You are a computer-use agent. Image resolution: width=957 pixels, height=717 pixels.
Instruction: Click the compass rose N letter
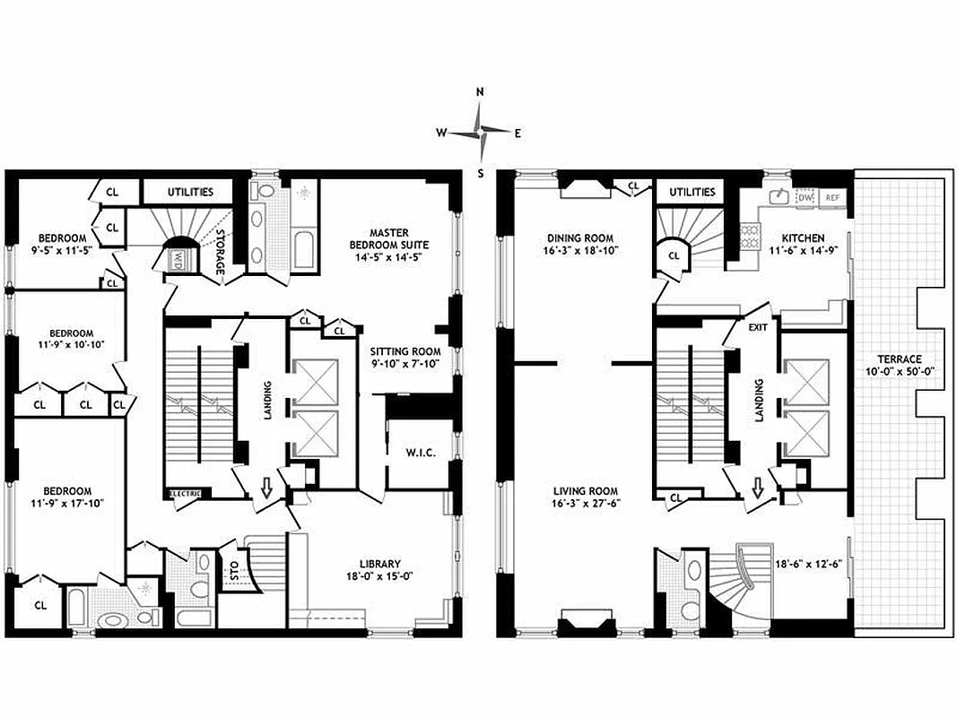tap(480, 92)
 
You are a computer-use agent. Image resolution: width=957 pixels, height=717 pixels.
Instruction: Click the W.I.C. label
tap(420, 453)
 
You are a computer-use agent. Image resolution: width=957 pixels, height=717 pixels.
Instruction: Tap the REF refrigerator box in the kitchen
tap(832, 197)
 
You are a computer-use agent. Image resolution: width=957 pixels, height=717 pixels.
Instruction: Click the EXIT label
tap(759, 328)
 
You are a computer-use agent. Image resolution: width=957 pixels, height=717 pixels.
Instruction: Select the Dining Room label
tap(580, 238)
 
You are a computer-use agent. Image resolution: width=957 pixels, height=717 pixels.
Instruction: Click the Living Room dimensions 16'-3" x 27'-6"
tap(585, 504)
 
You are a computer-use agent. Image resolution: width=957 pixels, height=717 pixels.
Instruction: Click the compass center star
tap(481, 133)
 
